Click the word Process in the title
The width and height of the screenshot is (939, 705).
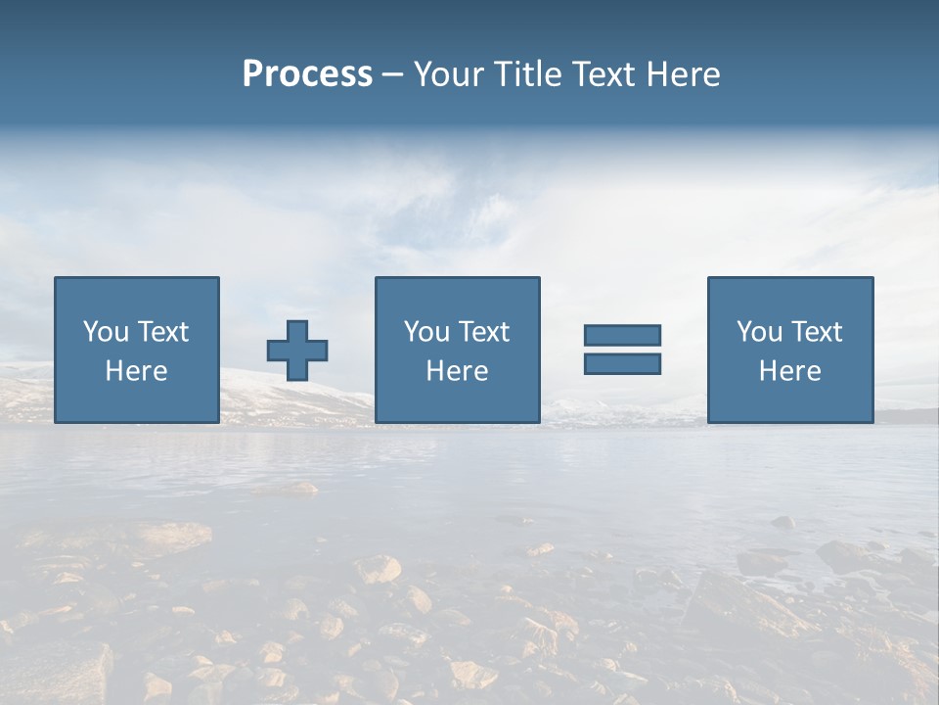click(x=307, y=74)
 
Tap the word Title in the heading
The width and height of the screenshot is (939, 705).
click(x=528, y=74)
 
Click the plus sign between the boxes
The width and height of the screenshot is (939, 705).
click(x=297, y=351)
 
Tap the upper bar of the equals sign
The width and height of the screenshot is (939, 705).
click(x=622, y=335)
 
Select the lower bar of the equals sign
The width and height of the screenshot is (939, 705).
click(x=622, y=363)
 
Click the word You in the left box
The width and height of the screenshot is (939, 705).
click(x=107, y=332)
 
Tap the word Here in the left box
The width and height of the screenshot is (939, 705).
click(x=136, y=371)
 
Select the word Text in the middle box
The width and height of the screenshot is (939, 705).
click(x=484, y=332)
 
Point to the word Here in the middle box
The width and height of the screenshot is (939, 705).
click(x=457, y=371)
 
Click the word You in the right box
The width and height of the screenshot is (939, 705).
click(x=760, y=332)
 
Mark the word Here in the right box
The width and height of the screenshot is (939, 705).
click(x=789, y=371)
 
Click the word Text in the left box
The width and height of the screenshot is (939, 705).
click(x=163, y=332)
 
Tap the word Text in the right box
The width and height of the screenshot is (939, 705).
click(x=817, y=332)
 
